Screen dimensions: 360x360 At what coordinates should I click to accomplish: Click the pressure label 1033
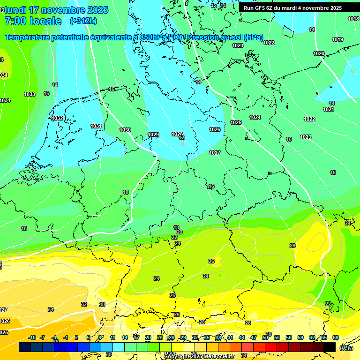(x=30, y=94)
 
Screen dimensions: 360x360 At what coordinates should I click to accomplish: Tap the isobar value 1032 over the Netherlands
(x=58, y=119)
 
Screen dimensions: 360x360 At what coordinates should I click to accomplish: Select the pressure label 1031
(x=96, y=126)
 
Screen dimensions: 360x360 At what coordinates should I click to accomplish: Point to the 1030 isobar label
(x=125, y=130)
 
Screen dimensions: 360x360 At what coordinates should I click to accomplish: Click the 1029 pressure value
(x=153, y=135)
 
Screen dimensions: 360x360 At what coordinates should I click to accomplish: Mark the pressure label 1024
(x=255, y=117)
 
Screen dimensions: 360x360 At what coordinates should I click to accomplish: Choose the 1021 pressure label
(x=329, y=109)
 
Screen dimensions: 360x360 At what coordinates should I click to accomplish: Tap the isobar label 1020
(x=319, y=53)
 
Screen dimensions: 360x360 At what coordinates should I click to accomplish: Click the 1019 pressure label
(x=337, y=39)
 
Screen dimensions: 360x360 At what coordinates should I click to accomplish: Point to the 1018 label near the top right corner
(x=353, y=19)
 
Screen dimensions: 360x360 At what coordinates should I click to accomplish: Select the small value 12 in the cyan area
(x=181, y=138)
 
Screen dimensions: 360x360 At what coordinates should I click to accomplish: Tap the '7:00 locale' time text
(x=33, y=21)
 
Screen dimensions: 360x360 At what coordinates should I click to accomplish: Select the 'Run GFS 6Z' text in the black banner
(x=259, y=8)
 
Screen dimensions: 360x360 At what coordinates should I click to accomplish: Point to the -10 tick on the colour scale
(x=32, y=337)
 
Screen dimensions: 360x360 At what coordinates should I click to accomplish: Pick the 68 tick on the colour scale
(x=336, y=337)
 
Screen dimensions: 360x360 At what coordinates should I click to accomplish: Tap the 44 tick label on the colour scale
(x=242, y=337)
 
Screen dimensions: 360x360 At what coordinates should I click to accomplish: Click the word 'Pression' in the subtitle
(x=203, y=37)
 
